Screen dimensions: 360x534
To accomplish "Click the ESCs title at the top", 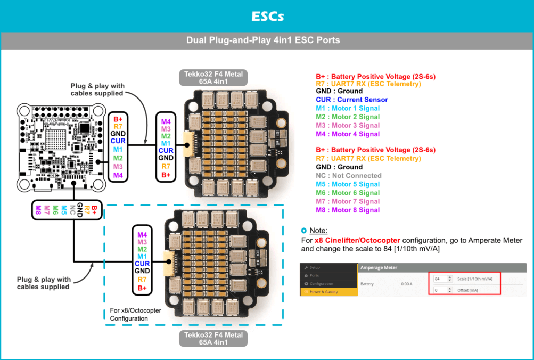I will (267, 17).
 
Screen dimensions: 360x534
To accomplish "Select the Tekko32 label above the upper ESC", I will (213, 78).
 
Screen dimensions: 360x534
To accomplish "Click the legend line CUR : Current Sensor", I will (351, 100).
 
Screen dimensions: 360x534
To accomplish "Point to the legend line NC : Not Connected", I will (348, 176).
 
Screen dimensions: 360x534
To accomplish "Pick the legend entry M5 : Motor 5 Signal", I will (347, 184).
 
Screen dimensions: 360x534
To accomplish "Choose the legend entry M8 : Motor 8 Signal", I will (347, 210).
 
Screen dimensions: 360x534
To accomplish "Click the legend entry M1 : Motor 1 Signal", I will (347, 108).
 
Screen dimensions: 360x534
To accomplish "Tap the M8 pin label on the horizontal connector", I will (38, 210).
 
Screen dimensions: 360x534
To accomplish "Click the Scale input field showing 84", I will (441, 279).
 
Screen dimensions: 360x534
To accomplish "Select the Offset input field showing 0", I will (441, 290).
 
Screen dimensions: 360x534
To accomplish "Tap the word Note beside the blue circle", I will (319, 231).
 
